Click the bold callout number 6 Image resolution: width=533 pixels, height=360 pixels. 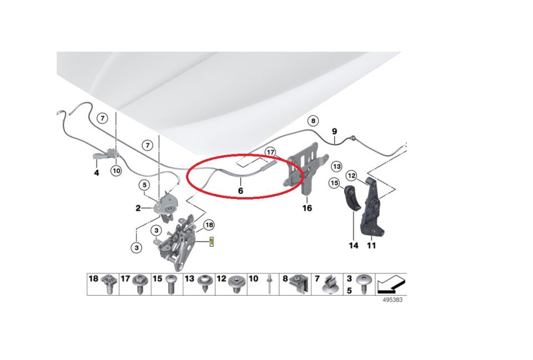(x=240, y=191)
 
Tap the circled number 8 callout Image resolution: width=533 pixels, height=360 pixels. (x=313, y=121)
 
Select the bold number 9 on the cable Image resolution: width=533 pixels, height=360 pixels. (x=334, y=131)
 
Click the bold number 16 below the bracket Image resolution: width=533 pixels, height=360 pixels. (x=307, y=208)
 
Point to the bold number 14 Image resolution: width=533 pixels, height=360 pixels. (x=354, y=245)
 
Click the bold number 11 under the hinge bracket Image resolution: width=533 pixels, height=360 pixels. (x=371, y=245)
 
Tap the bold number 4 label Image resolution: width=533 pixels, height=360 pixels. (x=97, y=173)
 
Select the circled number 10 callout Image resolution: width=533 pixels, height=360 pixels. (x=116, y=170)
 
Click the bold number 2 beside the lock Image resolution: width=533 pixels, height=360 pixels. (x=138, y=208)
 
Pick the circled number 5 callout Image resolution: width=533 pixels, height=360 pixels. (x=144, y=185)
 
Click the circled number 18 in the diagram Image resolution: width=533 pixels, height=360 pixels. (x=209, y=225)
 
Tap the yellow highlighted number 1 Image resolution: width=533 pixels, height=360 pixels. (x=212, y=242)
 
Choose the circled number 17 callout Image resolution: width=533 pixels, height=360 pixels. (x=270, y=152)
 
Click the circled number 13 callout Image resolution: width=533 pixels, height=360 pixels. (x=336, y=167)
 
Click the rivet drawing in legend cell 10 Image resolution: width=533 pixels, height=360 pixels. (x=269, y=284)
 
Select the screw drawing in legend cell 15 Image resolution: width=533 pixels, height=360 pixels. (x=170, y=284)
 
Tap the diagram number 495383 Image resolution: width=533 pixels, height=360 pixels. (x=393, y=300)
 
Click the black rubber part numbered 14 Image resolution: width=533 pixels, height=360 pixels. (x=352, y=199)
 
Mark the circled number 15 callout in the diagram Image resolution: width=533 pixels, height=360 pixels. (x=334, y=183)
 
